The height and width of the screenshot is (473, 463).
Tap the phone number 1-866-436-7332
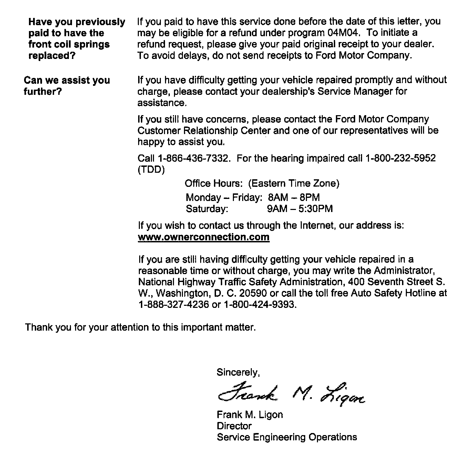[x=193, y=158]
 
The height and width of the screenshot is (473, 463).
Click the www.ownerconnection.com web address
[x=203, y=237]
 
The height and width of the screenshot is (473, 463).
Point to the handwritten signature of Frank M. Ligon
[x=290, y=394]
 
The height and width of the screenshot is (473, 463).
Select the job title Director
[x=234, y=426]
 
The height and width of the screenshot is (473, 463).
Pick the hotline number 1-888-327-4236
[x=173, y=305]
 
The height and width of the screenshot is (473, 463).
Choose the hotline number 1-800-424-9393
[x=259, y=305]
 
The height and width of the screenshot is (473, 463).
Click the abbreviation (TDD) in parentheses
[x=151, y=170]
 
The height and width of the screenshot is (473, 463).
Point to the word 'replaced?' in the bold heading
[x=52, y=56]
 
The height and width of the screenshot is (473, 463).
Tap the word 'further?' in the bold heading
[x=43, y=92]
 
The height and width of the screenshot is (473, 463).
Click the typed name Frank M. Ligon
[x=250, y=414]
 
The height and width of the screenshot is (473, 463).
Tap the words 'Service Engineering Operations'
[x=287, y=437]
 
